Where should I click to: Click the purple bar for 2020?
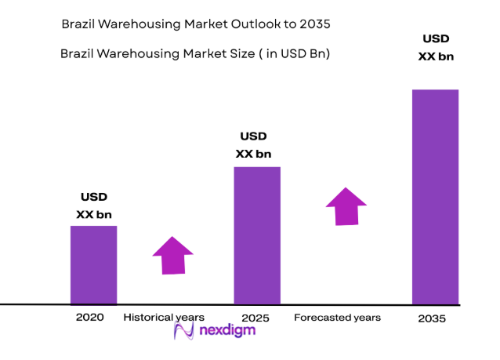[93, 264]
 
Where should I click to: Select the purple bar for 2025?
[257, 235]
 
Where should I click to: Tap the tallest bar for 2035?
[435, 196]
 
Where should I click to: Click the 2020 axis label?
[89, 318]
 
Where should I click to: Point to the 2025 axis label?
[255, 318]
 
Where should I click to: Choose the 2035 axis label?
[432, 318]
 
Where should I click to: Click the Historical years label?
[164, 318]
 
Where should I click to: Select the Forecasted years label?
[337, 318]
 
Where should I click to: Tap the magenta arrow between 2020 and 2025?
[172, 255]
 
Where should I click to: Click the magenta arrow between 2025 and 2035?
[346, 206]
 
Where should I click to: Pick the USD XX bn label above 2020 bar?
[94, 205]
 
